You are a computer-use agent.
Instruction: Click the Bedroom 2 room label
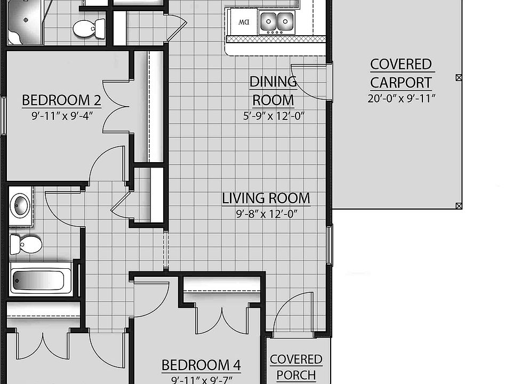tap(62, 100)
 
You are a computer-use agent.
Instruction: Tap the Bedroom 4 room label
tap(201, 365)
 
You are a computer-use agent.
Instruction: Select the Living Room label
tap(266, 198)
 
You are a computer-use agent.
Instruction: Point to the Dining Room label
tap(273, 91)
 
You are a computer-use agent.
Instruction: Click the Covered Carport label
tap(401, 74)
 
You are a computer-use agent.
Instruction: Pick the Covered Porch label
tap(296, 367)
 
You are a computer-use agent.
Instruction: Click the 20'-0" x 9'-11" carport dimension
tap(402, 99)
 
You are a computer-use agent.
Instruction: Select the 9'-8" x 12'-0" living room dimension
tap(266, 214)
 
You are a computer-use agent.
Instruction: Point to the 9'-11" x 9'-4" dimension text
tap(62, 115)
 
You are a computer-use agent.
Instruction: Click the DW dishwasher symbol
tap(244, 22)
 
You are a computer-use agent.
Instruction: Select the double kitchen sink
tap(277, 22)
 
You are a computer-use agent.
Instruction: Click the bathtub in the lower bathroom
tap(41, 278)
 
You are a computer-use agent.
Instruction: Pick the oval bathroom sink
tap(21, 205)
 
